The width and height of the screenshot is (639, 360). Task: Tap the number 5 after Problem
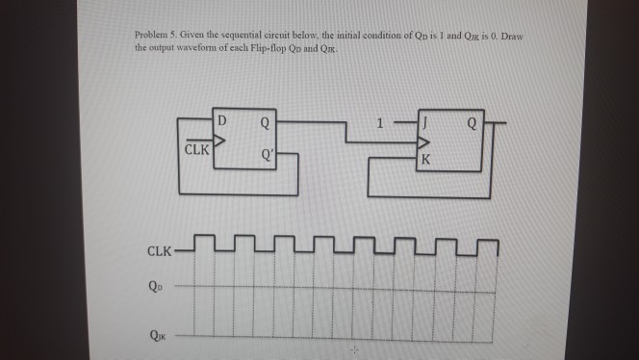coord(176,36)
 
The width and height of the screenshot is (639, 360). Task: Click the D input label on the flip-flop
coord(222,121)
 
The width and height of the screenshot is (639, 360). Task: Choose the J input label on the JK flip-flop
coord(422,122)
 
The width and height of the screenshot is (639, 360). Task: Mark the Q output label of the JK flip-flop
coord(470,122)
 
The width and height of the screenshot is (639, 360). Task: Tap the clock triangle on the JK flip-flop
coord(420,143)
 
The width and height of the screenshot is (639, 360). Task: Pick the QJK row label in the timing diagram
coord(157,337)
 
